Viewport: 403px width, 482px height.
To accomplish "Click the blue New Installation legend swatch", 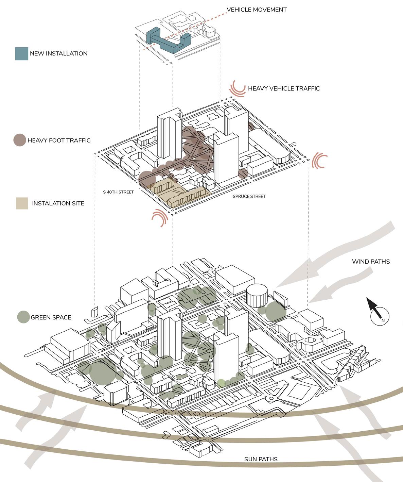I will click(x=21, y=54).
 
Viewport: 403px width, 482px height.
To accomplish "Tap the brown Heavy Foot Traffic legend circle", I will click(x=19, y=140).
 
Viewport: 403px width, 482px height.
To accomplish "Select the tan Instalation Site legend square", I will click(x=22, y=203).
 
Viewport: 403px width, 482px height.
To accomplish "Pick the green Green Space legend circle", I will click(x=23, y=317).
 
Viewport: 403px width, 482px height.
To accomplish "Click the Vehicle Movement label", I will click(x=257, y=10).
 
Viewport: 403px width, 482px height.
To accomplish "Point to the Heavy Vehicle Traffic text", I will click(x=284, y=88).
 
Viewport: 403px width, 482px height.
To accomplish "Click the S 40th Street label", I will click(x=119, y=192).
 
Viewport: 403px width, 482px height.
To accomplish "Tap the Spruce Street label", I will click(x=249, y=196).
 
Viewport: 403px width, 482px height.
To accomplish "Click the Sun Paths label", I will click(x=261, y=459).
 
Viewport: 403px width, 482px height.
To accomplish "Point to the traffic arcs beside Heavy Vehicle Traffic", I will click(x=237, y=88).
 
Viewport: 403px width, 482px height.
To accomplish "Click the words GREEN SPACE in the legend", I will click(x=51, y=317).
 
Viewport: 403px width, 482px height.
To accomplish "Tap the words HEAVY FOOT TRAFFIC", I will click(x=59, y=140).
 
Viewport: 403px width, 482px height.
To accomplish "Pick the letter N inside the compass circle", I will click(x=383, y=320).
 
